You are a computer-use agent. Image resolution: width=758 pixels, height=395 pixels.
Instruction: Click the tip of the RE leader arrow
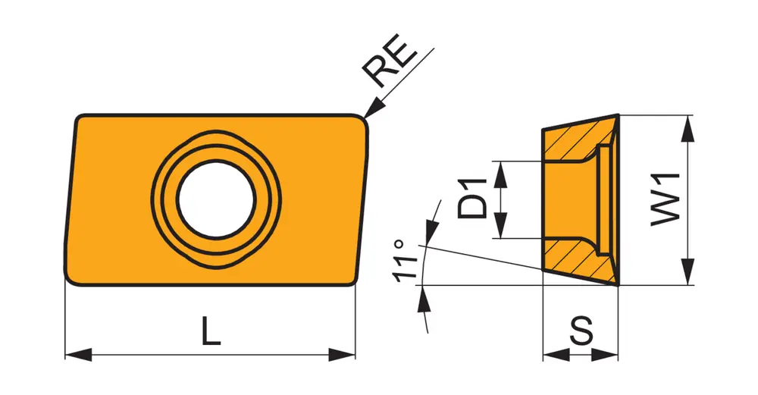tap(364, 118)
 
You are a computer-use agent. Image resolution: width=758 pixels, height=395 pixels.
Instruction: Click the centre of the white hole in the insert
tap(217, 199)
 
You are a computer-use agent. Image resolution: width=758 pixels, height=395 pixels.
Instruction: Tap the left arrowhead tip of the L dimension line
tap(65, 354)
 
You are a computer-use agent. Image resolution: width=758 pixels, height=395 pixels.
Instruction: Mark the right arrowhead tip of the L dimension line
tap(356, 354)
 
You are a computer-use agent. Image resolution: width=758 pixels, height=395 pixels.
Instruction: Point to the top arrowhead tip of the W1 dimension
tap(687, 115)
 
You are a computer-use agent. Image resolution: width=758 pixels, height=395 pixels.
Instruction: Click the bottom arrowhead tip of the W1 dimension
tap(687, 285)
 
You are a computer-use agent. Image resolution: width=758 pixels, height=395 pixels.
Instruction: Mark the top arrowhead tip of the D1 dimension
tap(501, 161)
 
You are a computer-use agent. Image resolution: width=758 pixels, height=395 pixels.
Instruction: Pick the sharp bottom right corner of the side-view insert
tap(619, 285)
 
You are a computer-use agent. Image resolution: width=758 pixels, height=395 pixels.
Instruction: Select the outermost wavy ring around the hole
tap(217, 199)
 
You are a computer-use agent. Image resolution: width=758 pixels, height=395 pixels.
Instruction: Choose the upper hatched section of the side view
tap(575, 140)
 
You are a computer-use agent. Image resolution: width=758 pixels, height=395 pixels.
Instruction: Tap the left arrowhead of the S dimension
tap(556, 355)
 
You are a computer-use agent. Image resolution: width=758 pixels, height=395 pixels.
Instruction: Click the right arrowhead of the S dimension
tap(605, 355)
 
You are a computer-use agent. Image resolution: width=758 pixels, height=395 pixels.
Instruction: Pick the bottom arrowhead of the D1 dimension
tap(501, 225)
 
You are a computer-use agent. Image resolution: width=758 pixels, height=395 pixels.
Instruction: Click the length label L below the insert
tap(211, 331)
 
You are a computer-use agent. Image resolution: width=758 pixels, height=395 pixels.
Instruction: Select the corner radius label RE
tap(389, 61)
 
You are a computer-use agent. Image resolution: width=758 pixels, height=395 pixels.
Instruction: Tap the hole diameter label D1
tap(472, 199)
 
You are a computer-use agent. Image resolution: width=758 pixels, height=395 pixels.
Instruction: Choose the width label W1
tap(666, 199)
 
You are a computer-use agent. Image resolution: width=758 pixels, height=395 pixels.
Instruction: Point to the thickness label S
tap(581, 331)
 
